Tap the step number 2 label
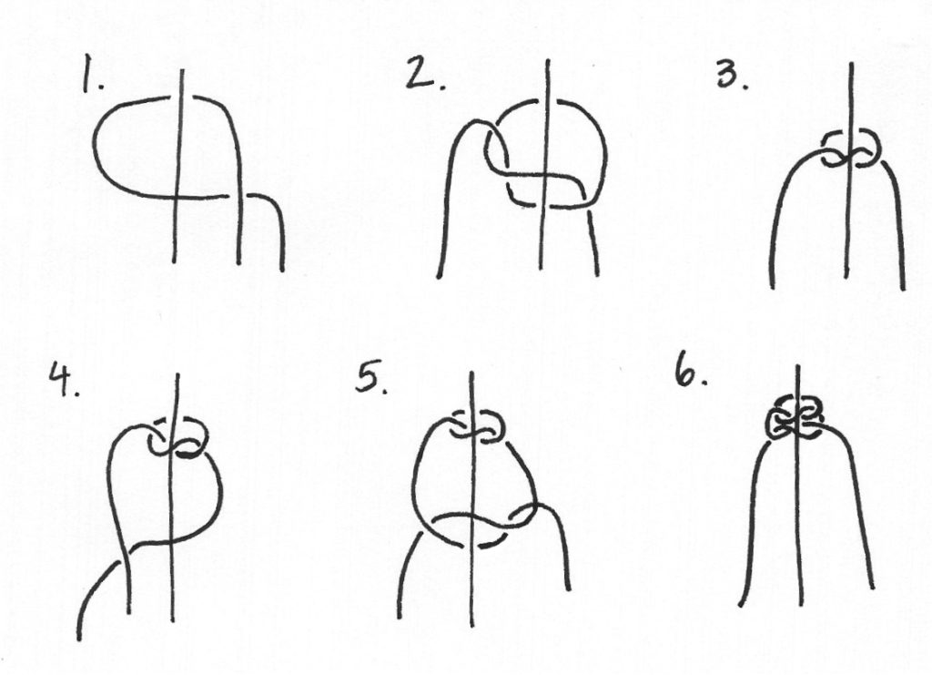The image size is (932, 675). (x=424, y=73)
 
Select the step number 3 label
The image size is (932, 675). (x=733, y=75)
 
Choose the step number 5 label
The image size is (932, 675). (x=371, y=378)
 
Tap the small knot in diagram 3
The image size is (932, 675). (x=851, y=148)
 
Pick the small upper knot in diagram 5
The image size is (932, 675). (x=478, y=426)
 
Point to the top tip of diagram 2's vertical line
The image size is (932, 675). (x=547, y=61)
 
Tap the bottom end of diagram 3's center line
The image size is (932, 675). (x=846, y=276)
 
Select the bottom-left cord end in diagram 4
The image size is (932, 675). (x=80, y=639)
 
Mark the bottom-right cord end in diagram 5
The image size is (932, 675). (x=570, y=588)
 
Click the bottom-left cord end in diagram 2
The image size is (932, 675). (x=439, y=277)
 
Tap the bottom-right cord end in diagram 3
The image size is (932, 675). (x=904, y=289)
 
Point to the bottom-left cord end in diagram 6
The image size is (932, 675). (x=741, y=605)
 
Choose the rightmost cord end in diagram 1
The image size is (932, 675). (x=282, y=270)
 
